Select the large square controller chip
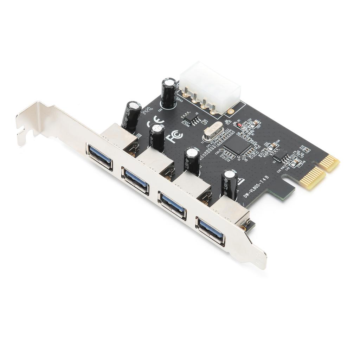[x=239, y=144]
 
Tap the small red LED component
[x=238, y=124]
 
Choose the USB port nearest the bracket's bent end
[x=99, y=156]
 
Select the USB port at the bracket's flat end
[x=210, y=231]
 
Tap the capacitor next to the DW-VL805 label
[x=230, y=184]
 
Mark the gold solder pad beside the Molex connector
[x=230, y=111]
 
